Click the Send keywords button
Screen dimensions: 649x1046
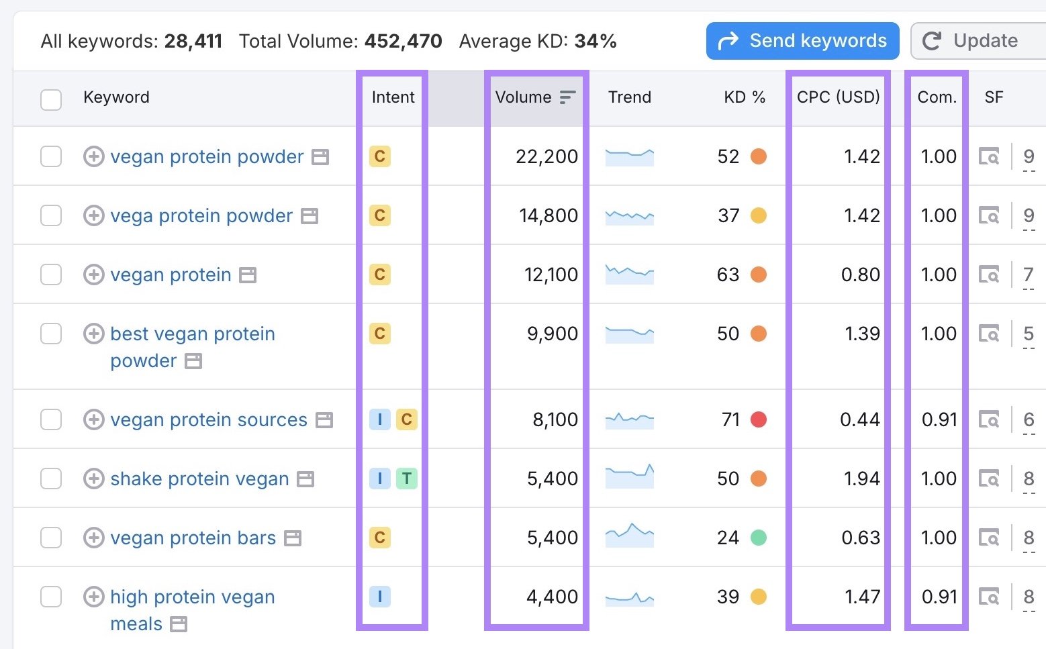(802, 41)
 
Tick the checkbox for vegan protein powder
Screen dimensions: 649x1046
(51, 156)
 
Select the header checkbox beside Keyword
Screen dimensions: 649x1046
(51, 99)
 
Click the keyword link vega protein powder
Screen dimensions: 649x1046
(201, 215)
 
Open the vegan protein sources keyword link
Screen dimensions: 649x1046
(209, 419)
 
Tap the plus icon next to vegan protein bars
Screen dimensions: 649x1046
(93, 538)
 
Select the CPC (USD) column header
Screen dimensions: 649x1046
(838, 97)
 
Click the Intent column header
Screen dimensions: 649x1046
(393, 97)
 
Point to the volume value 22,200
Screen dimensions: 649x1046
(546, 156)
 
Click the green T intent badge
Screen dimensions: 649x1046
(406, 479)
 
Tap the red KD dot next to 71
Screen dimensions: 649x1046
(759, 419)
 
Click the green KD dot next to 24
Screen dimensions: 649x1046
(759, 538)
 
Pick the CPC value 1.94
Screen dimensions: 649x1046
(861, 479)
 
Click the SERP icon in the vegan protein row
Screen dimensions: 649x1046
(988, 274)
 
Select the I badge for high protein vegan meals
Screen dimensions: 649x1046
(379, 597)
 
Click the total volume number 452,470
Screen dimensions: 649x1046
(403, 41)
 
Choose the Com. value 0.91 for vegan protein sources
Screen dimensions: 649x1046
(939, 419)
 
